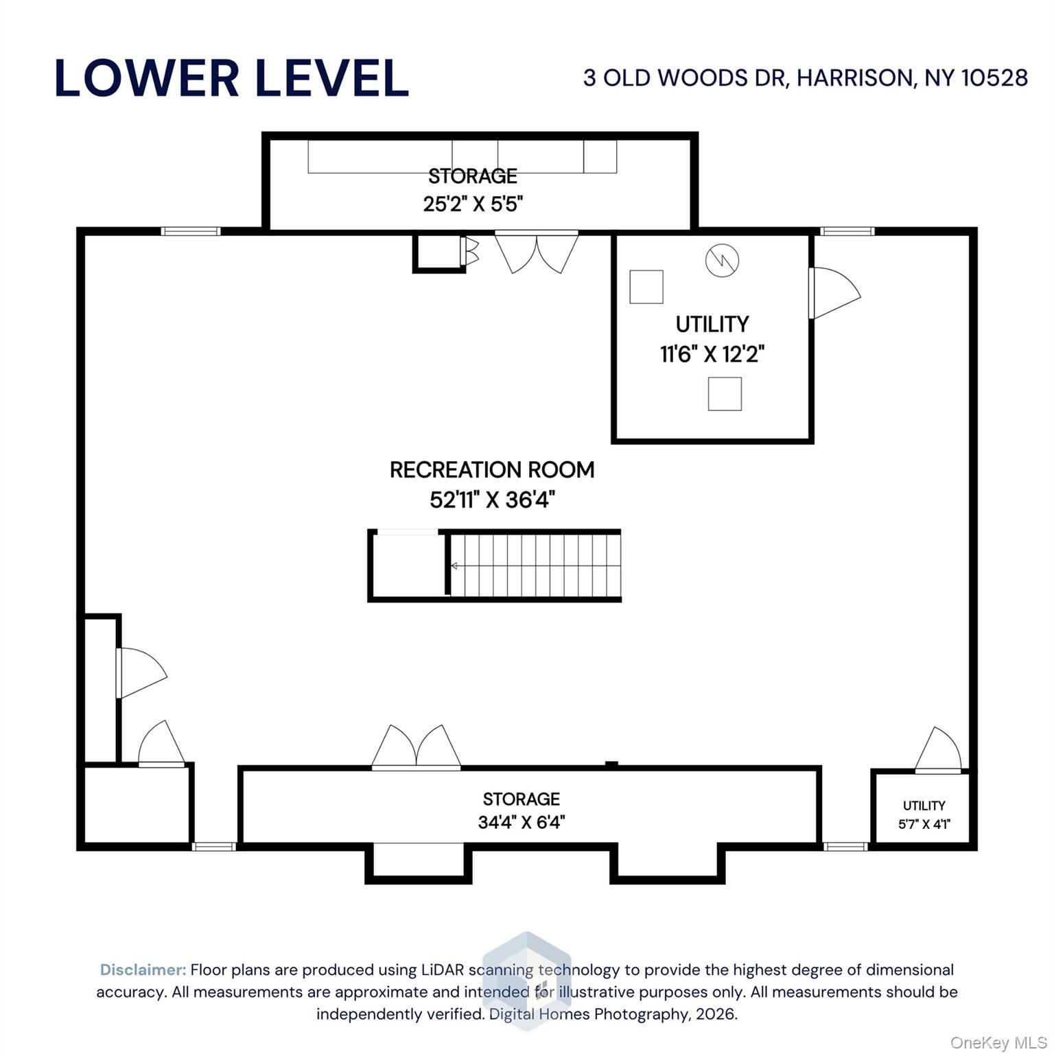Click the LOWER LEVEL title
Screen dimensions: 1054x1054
tap(231, 78)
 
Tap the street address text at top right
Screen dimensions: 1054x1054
tap(806, 78)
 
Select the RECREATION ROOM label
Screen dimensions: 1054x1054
tap(492, 470)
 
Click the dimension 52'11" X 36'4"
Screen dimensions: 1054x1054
tap(492, 500)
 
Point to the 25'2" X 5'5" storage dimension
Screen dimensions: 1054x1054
tap(473, 204)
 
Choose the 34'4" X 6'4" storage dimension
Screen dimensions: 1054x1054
tap(522, 822)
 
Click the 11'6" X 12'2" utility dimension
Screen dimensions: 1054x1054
tap(712, 354)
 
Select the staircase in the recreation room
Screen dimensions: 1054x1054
tap(535, 566)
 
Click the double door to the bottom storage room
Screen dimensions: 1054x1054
tap(417, 747)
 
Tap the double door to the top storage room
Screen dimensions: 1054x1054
tap(537, 253)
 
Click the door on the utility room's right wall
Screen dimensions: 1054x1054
tap(834, 293)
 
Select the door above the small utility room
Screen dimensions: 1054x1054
tap(939, 750)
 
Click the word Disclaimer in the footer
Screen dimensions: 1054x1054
tap(143, 970)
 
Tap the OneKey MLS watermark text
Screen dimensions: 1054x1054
tap(998, 1043)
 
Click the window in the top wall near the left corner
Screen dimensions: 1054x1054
tap(191, 231)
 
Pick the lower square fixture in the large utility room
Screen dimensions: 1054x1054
tap(725, 394)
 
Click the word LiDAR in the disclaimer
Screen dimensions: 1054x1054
tap(441, 970)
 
